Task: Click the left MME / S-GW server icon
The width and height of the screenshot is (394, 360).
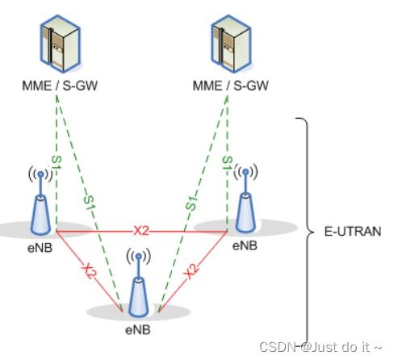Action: click(61, 44)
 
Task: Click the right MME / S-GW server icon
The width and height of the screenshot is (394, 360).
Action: click(231, 44)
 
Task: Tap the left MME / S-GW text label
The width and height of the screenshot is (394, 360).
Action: click(60, 86)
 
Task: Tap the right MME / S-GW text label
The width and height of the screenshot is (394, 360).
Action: click(231, 86)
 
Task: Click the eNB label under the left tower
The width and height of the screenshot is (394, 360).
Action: click(40, 248)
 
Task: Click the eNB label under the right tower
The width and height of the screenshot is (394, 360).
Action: click(245, 245)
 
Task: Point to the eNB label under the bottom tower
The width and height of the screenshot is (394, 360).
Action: click(138, 330)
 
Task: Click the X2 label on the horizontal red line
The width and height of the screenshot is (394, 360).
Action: click(141, 231)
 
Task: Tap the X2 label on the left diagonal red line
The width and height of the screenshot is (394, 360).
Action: click(90, 271)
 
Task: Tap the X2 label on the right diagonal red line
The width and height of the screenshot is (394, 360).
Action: click(191, 271)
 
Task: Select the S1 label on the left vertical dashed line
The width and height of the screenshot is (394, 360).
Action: click(57, 162)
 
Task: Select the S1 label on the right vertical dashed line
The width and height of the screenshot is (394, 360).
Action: click(227, 163)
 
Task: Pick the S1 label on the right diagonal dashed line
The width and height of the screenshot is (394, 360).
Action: click(191, 203)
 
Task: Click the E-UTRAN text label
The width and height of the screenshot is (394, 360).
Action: click(353, 232)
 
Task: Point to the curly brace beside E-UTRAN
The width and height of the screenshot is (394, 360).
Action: click(307, 232)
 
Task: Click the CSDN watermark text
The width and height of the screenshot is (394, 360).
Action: click(321, 347)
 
